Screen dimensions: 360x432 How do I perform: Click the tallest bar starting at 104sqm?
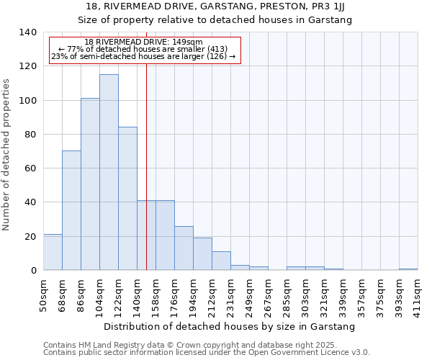[109, 172]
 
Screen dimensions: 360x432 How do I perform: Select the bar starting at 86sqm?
[90, 184]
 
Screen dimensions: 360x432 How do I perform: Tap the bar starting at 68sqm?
[71, 210]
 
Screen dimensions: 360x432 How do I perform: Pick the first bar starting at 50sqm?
[53, 252]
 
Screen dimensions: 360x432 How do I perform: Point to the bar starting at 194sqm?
[202, 254]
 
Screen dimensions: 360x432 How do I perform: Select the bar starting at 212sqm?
[221, 261]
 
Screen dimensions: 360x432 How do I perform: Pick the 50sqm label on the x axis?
[43, 294]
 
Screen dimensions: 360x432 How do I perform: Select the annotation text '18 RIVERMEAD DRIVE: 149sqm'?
[143, 42]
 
